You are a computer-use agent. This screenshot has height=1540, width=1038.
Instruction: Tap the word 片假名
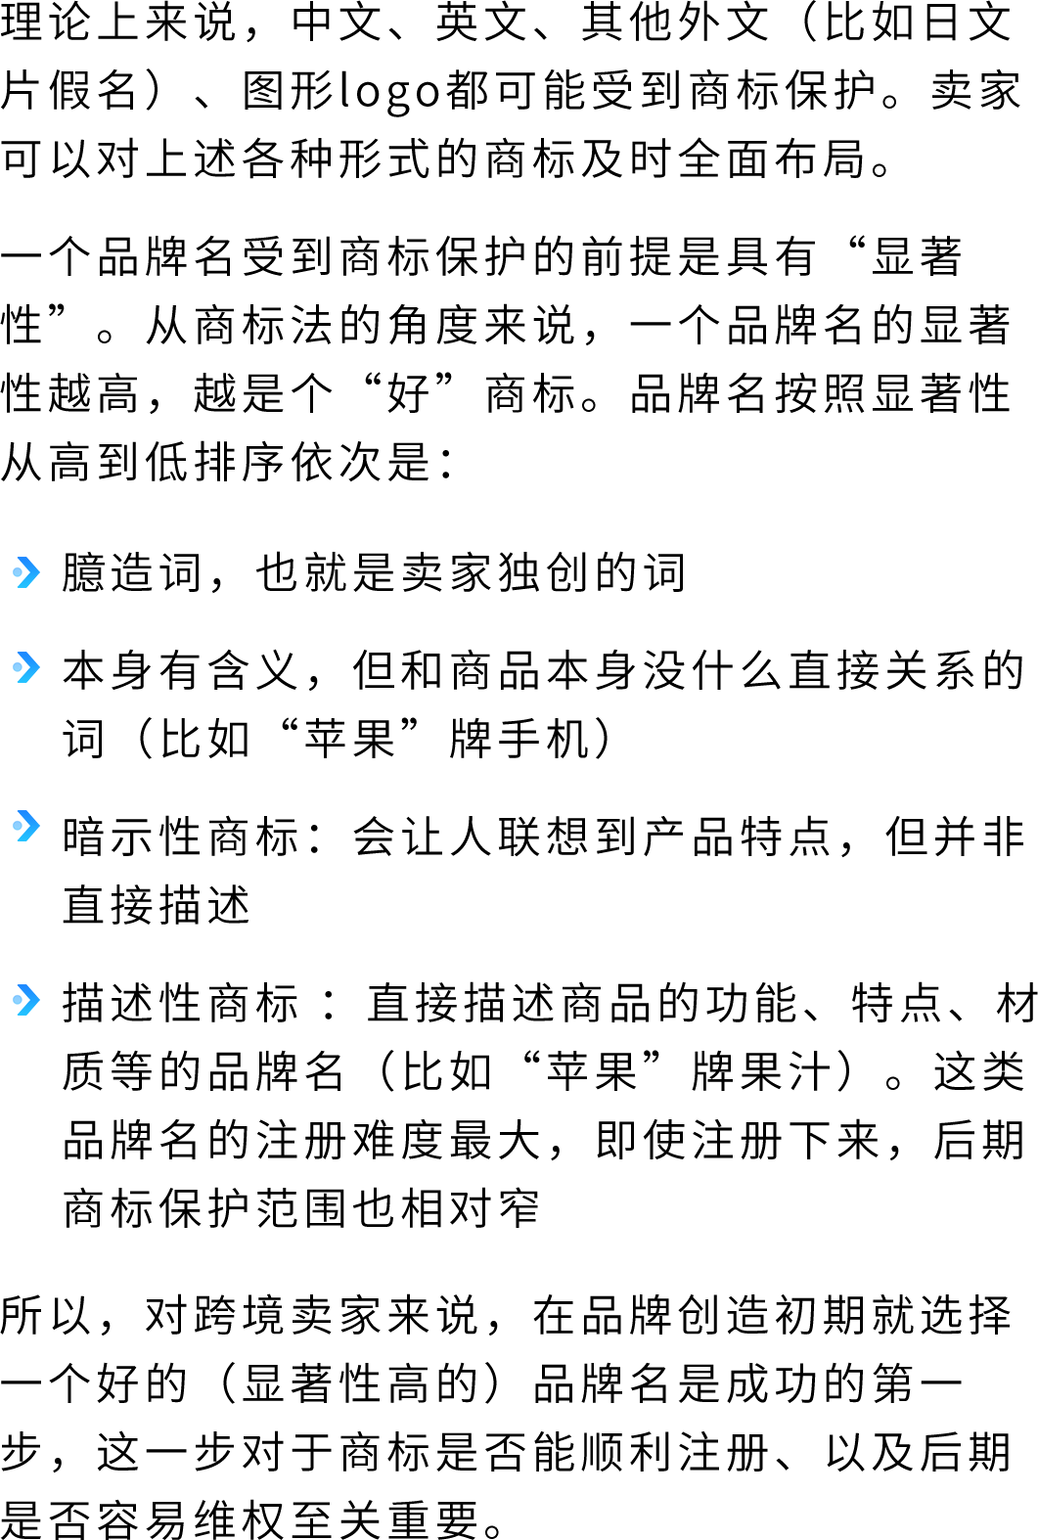point(68,91)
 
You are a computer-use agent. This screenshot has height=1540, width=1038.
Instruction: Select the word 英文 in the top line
point(483,22)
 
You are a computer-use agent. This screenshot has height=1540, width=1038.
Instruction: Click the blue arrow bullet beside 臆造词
point(26,572)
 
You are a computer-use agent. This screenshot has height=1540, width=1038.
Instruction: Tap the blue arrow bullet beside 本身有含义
point(26,667)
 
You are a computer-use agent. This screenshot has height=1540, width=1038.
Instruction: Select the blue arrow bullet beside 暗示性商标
point(26,827)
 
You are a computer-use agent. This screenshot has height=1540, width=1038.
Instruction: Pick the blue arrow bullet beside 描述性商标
point(26,1000)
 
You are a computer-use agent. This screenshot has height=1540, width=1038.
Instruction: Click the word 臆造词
point(132,572)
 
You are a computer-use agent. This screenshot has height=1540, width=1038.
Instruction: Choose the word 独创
point(544,572)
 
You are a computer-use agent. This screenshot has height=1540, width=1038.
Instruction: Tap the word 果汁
point(786,1071)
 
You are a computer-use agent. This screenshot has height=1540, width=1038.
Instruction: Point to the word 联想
point(544,838)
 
